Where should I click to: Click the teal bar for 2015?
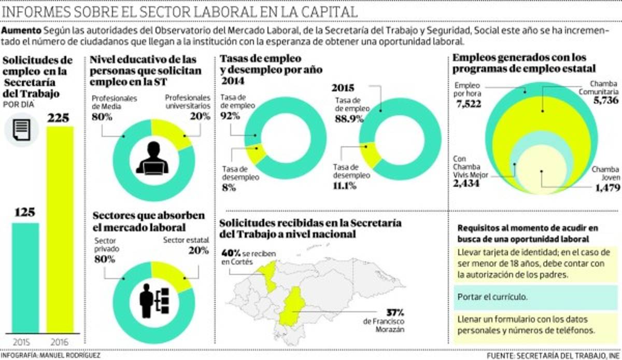pos(25,278)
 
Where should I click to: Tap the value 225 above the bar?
pos(61,118)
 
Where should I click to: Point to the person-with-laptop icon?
pos(153,158)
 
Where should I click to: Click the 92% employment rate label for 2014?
pos(230,116)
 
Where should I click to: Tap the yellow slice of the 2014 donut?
pos(256,154)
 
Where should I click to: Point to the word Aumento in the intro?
pos(22,31)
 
